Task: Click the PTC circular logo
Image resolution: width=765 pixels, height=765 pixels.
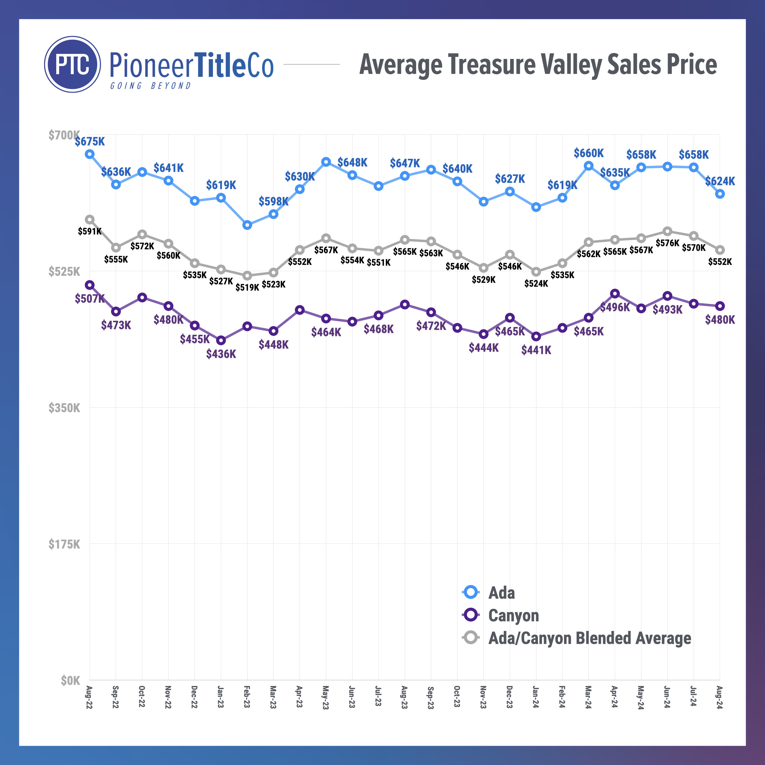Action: [x=73, y=65]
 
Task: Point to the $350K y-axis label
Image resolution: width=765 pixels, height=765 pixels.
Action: [x=64, y=408]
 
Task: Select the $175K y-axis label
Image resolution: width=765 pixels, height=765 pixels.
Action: [x=64, y=544]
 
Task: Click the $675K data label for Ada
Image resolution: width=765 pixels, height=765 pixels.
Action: [x=90, y=141]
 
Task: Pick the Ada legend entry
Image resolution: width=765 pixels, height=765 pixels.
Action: [x=501, y=593]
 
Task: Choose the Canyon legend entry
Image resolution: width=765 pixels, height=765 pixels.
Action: [x=513, y=615]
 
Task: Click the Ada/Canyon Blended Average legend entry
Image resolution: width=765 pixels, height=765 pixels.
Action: [x=589, y=638]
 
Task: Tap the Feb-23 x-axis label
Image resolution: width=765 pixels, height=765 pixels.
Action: [x=247, y=696]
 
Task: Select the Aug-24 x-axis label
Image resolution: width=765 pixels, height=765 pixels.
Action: [x=719, y=697]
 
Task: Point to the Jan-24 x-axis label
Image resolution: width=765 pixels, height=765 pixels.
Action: [x=536, y=697]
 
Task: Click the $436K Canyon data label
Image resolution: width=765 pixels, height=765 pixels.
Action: [x=221, y=354]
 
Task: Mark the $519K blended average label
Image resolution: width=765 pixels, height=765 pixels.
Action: [x=247, y=287]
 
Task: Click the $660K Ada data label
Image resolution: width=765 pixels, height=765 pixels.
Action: [x=589, y=153]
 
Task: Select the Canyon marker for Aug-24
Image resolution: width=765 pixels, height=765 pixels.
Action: [x=720, y=306]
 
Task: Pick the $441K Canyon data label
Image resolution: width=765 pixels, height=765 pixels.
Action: [x=536, y=350]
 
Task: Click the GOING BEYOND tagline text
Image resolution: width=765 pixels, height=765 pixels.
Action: [x=151, y=86]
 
